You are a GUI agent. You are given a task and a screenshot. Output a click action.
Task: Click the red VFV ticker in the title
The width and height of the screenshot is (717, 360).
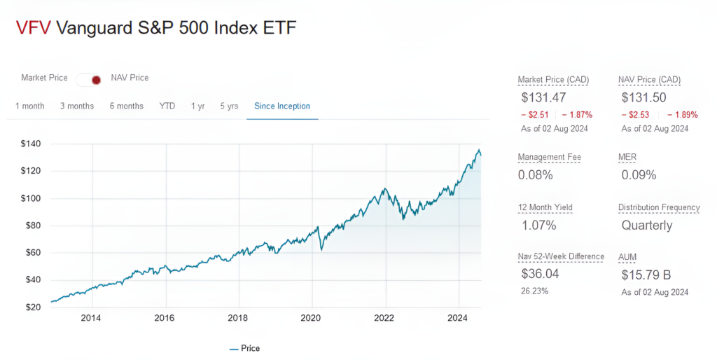tap(32, 28)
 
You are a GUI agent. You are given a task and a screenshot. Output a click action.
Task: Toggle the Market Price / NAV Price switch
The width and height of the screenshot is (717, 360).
tap(90, 79)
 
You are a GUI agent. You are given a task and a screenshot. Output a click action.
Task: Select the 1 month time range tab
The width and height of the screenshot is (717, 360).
tap(29, 106)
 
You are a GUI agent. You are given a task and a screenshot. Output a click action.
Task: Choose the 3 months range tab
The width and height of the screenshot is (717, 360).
tap(76, 106)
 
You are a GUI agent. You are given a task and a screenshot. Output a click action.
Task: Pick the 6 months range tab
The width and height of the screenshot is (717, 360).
tap(126, 106)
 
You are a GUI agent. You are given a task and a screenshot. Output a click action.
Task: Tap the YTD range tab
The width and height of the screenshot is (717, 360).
tap(167, 106)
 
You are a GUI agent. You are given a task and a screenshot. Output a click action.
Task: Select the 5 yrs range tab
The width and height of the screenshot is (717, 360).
tap(229, 106)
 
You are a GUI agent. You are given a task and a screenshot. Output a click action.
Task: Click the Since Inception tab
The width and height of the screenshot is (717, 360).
tap(282, 106)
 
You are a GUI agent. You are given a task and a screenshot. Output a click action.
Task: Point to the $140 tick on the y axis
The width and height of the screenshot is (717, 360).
tap(32, 144)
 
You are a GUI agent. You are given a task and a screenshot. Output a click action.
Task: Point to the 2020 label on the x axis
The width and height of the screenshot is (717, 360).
tap(311, 319)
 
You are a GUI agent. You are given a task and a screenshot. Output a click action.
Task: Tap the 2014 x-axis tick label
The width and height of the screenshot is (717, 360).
tap(91, 319)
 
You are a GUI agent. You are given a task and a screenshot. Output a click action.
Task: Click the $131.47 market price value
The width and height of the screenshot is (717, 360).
tap(543, 98)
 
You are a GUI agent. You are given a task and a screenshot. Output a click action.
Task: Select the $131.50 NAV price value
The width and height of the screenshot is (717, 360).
tap(644, 98)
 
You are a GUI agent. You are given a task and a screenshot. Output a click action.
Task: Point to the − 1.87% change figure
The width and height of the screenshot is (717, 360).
tap(577, 115)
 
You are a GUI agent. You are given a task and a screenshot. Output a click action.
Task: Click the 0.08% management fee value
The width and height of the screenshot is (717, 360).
tap(535, 175)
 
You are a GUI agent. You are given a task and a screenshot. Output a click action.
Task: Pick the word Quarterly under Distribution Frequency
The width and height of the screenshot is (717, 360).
tap(647, 226)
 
